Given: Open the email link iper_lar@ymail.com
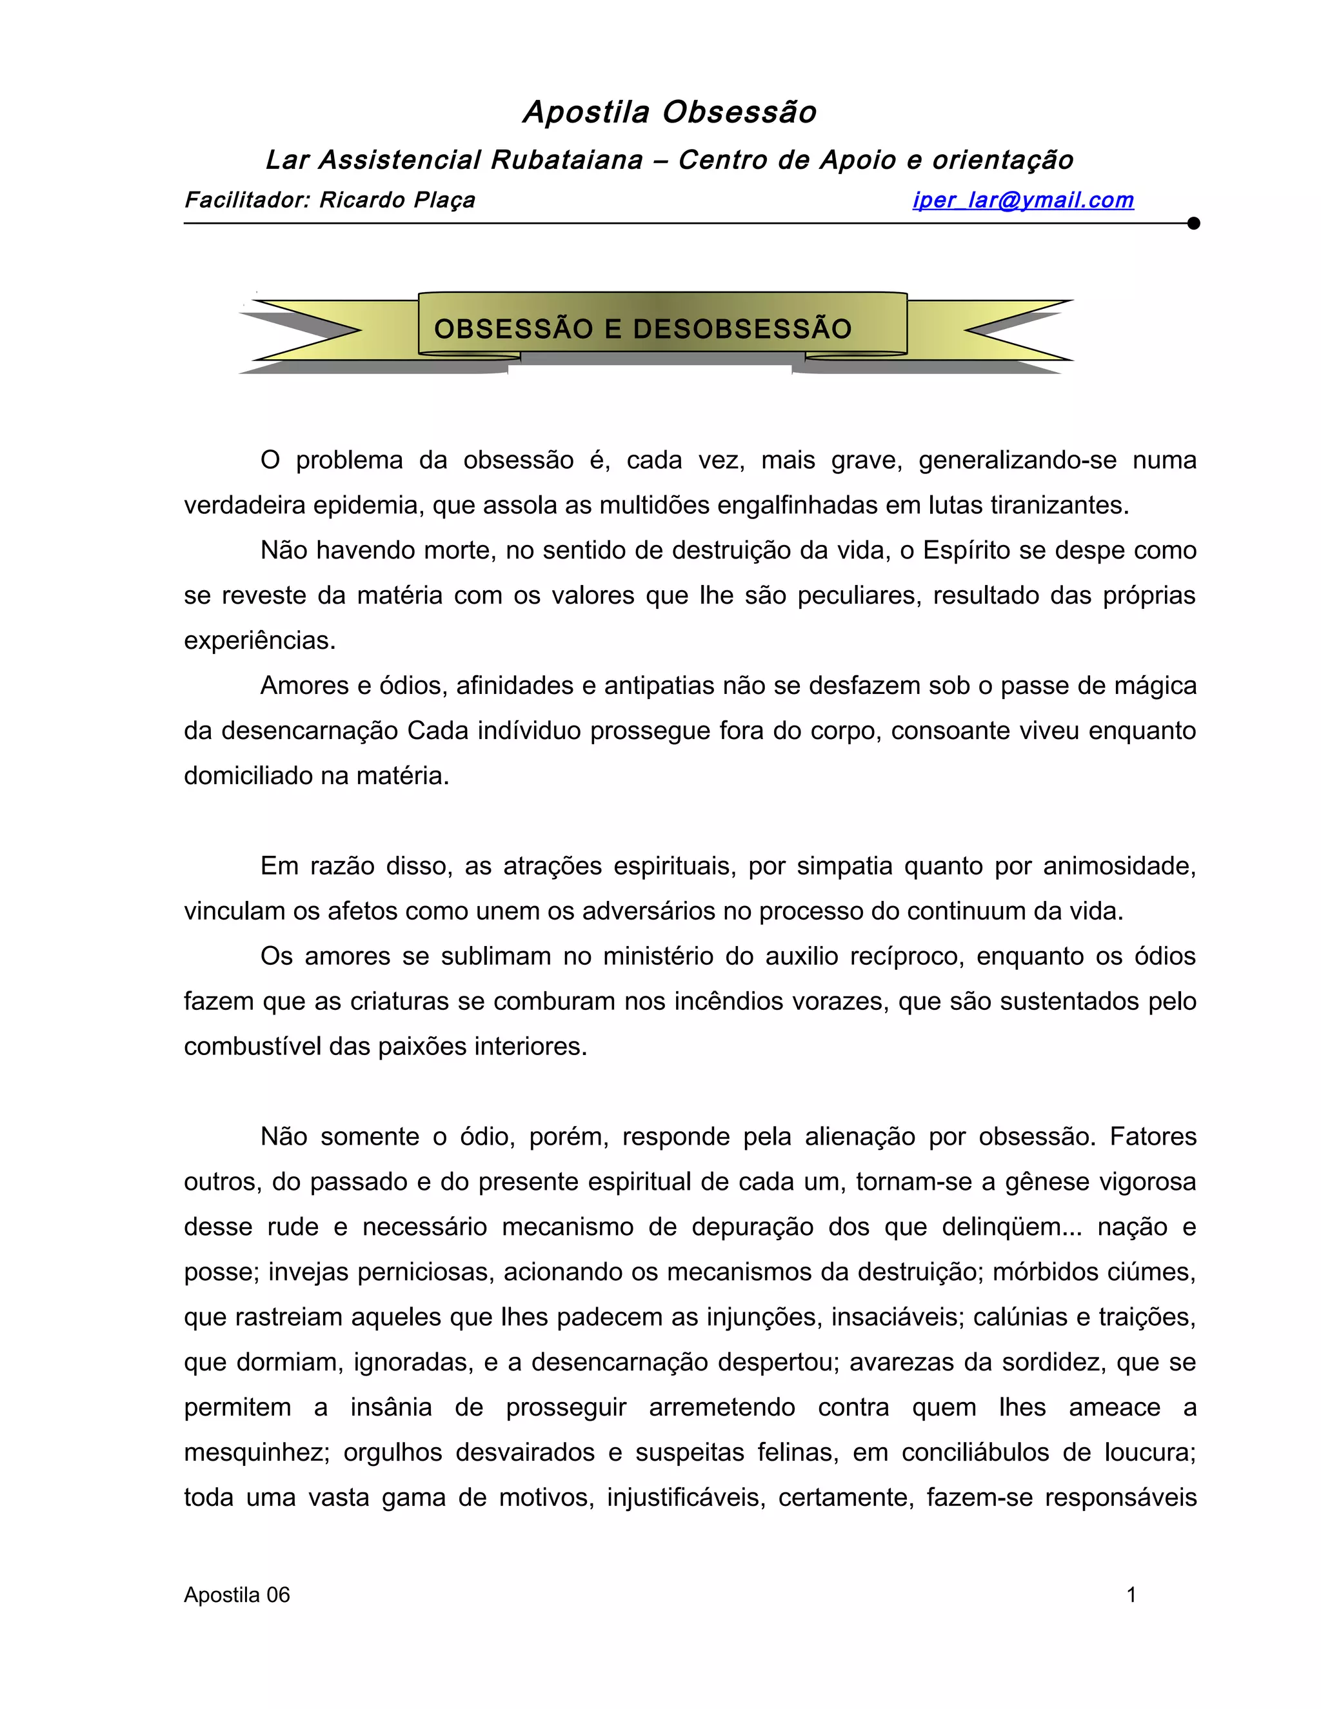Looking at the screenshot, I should pos(1023,201).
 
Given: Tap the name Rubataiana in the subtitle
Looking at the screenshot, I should pos(566,161).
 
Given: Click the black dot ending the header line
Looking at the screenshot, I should pos(1193,224).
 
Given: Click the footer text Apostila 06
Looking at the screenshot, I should pos(236,1595).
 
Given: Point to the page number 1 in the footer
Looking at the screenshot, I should pos(1131,1595).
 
